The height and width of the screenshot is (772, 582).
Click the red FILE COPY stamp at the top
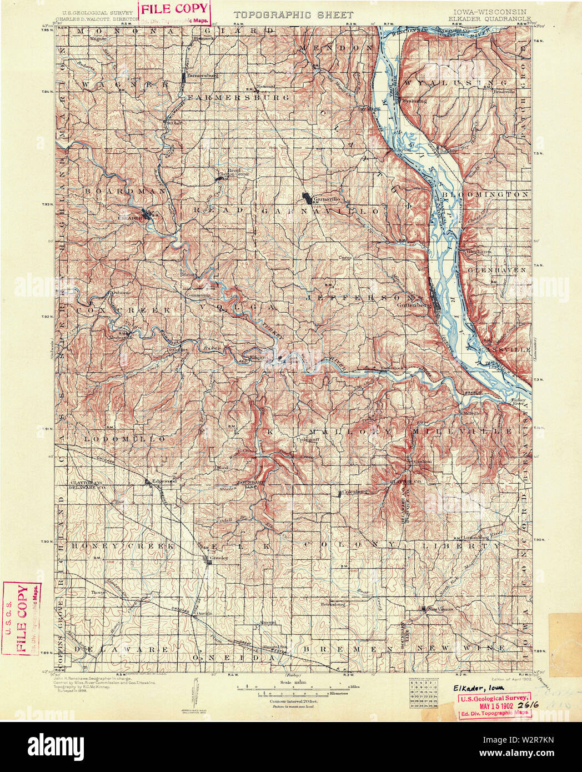[x=175, y=9]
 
